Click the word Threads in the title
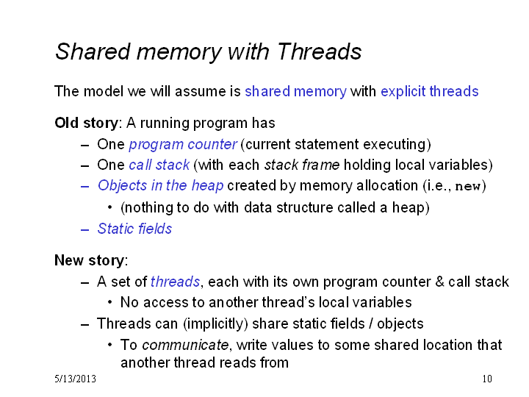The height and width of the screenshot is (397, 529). click(x=319, y=51)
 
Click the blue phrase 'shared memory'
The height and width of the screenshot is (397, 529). click(x=295, y=91)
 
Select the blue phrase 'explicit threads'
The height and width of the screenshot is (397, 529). click(x=430, y=91)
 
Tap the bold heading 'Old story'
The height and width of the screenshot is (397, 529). click(x=87, y=123)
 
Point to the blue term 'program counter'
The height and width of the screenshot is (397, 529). click(x=183, y=145)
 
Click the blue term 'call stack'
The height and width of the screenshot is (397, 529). click(x=159, y=165)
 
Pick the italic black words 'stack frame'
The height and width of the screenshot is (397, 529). click(x=302, y=165)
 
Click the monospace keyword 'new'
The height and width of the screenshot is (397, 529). click(x=468, y=186)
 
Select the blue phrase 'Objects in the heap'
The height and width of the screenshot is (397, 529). click(x=160, y=186)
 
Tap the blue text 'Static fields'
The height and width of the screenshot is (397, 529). click(x=134, y=229)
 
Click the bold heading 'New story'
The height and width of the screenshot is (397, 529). click(x=90, y=260)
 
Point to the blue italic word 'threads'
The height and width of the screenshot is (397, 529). click(x=175, y=282)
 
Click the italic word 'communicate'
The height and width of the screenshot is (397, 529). click(x=185, y=345)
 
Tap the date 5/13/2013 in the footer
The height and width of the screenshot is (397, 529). click(x=75, y=379)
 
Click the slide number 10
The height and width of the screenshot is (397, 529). click(x=487, y=379)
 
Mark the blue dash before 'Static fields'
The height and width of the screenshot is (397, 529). click(x=84, y=230)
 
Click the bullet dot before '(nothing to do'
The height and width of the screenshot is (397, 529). click(x=109, y=207)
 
